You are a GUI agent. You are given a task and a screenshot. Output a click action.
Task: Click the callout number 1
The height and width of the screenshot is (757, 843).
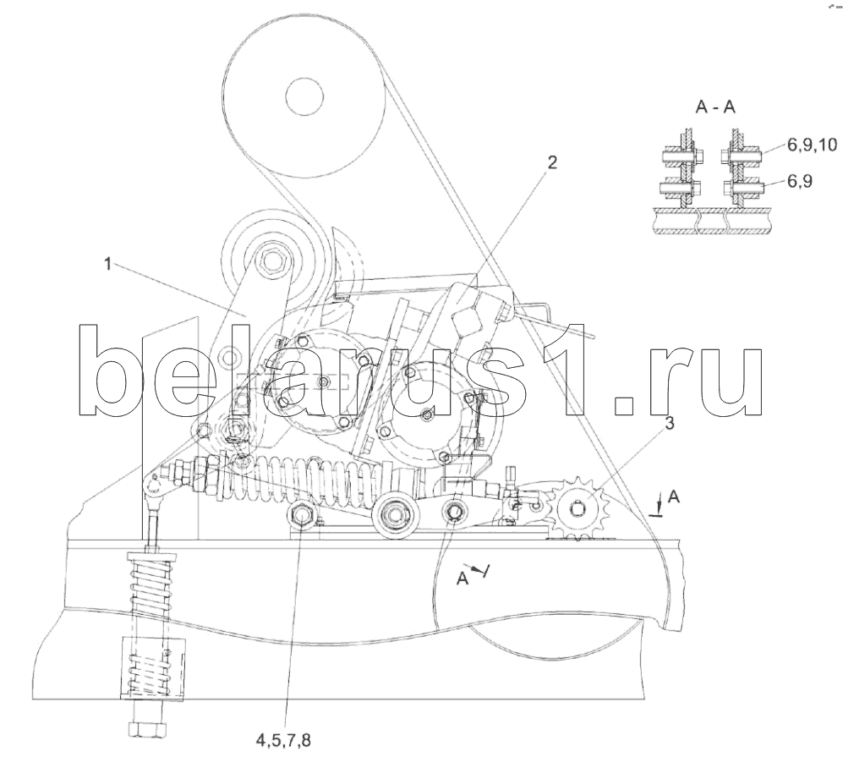(x=107, y=264)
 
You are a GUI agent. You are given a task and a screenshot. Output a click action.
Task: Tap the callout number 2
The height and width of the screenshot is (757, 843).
(x=551, y=163)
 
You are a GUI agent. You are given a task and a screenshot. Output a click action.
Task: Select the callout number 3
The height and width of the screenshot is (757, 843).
(x=669, y=424)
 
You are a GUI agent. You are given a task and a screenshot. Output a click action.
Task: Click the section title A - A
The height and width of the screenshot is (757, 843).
(x=715, y=108)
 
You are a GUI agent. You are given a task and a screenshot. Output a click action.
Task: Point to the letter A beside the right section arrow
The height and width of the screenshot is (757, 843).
(x=673, y=497)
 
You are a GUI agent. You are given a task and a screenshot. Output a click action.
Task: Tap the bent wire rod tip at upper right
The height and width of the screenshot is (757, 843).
(x=591, y=337)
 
